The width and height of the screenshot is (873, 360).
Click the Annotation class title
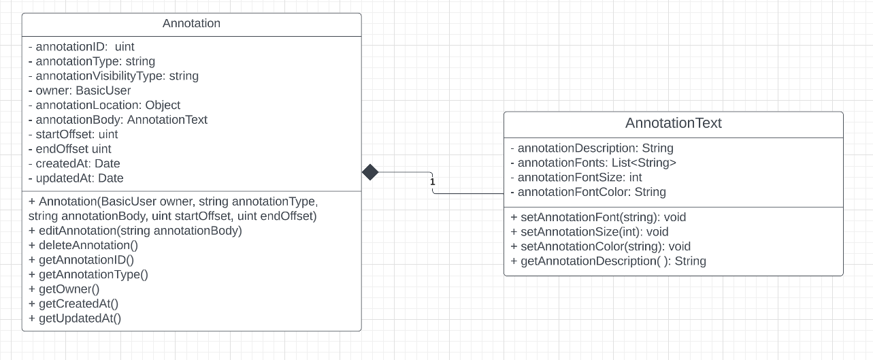[191, 24]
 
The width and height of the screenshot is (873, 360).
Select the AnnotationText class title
[673, 123]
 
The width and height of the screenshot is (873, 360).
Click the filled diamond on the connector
[370, 172]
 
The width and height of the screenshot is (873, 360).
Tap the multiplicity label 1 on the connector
[432, 182]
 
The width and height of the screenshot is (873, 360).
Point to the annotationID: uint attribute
[82, 47]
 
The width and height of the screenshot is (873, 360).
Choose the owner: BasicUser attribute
[80, 91]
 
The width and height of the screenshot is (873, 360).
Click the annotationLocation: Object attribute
[104, 105]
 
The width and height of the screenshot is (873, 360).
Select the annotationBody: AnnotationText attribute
[118, 120]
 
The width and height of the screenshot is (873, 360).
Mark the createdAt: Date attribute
[74, 163]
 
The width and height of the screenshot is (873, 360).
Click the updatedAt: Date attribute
[76, 178]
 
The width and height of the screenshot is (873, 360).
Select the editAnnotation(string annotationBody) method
[135, 231]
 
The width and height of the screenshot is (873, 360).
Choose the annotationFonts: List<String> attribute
[593, 163]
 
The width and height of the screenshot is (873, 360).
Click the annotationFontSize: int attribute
[576, 178]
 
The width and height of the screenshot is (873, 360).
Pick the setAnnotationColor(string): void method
[600, 246]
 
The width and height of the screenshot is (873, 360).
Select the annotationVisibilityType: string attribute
[113, 76]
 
